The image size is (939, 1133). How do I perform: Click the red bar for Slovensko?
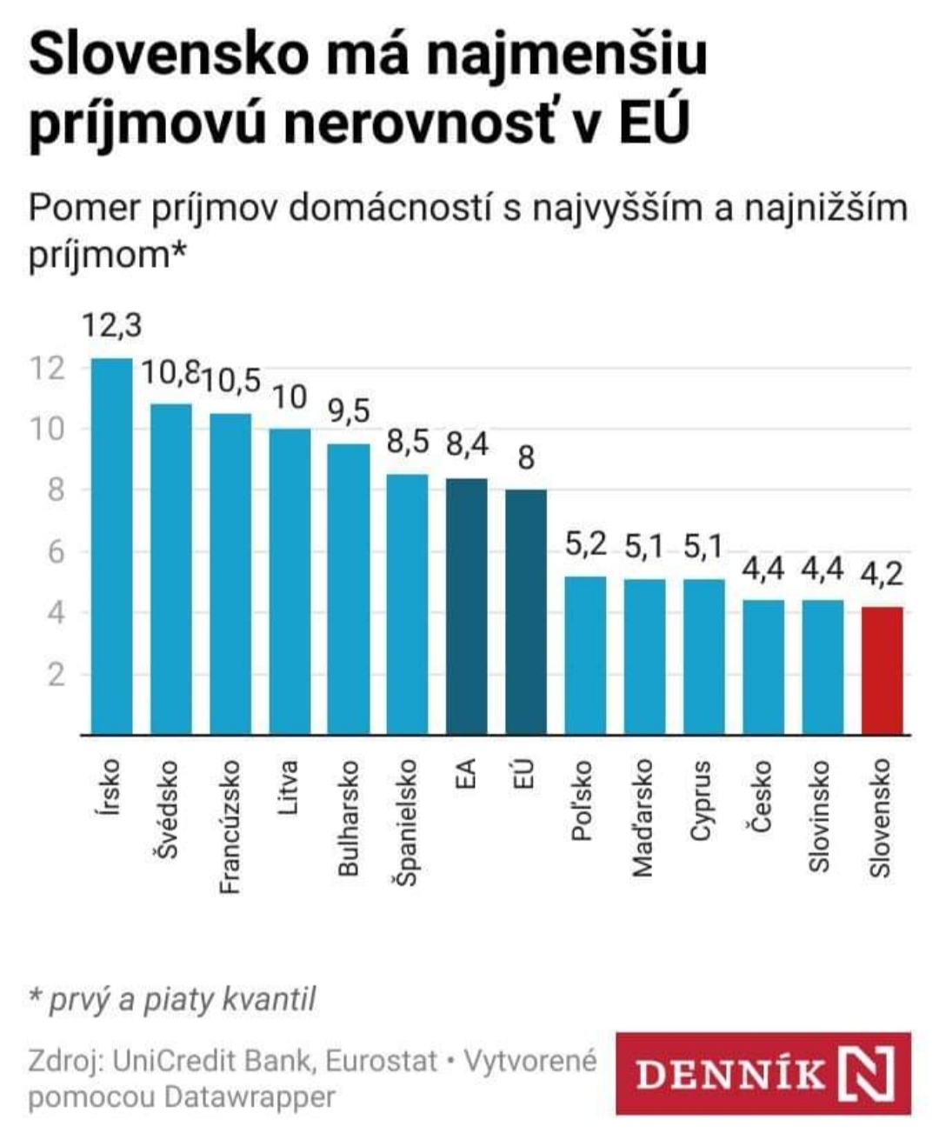pos(882,670)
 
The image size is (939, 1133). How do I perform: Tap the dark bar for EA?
pos(466,606)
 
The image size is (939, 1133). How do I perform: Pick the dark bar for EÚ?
pos(525,612)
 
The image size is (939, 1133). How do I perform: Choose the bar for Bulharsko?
pos(348,589)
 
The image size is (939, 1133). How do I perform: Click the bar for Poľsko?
pos(585,656)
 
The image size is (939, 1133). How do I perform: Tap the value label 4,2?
pos(882,574)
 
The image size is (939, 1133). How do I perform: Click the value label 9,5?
pos(348,410)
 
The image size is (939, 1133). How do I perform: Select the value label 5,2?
pos(585,544)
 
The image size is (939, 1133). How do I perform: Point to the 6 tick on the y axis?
pos(56,551)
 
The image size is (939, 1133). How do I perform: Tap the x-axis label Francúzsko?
pos(230,827)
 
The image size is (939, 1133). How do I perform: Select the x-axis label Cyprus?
pos(701,801)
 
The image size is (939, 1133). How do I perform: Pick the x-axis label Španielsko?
pos(407,823)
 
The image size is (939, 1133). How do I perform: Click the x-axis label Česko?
pos(762,796)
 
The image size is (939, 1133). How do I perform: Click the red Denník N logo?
pos(763,1073)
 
